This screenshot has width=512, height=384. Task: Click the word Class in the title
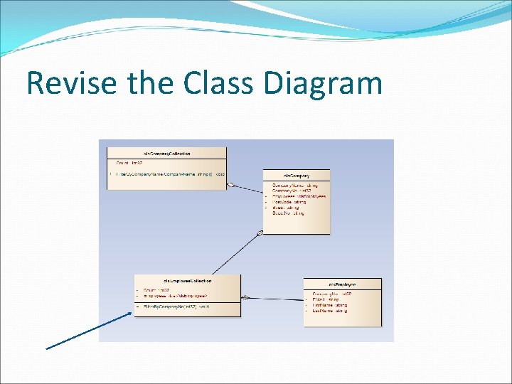[x=220, y=83]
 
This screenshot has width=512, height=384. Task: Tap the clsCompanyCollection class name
[x=166, y=153]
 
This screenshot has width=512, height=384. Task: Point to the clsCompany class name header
[x=297, y=175]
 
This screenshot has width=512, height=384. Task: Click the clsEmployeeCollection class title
[x=187, y=280]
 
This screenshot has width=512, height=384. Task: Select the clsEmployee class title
[x=342, y=284]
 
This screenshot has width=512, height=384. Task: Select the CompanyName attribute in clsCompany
[x=289, y=185]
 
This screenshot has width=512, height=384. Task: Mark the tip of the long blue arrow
[x=134, y=312]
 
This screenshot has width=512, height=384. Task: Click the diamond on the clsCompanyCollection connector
[x=230, y=185]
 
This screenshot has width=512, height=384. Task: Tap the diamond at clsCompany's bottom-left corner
[x=260, y=232]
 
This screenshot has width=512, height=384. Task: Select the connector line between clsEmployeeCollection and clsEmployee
[x=274, y=298]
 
